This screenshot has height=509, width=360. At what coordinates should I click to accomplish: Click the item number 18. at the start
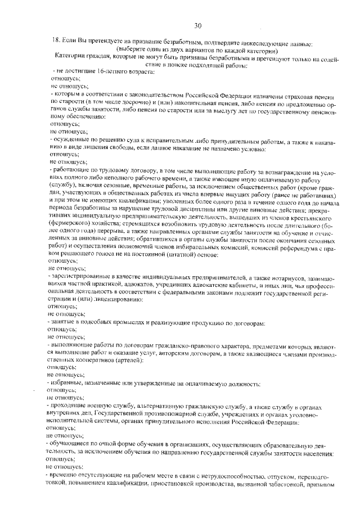pos(56,40)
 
